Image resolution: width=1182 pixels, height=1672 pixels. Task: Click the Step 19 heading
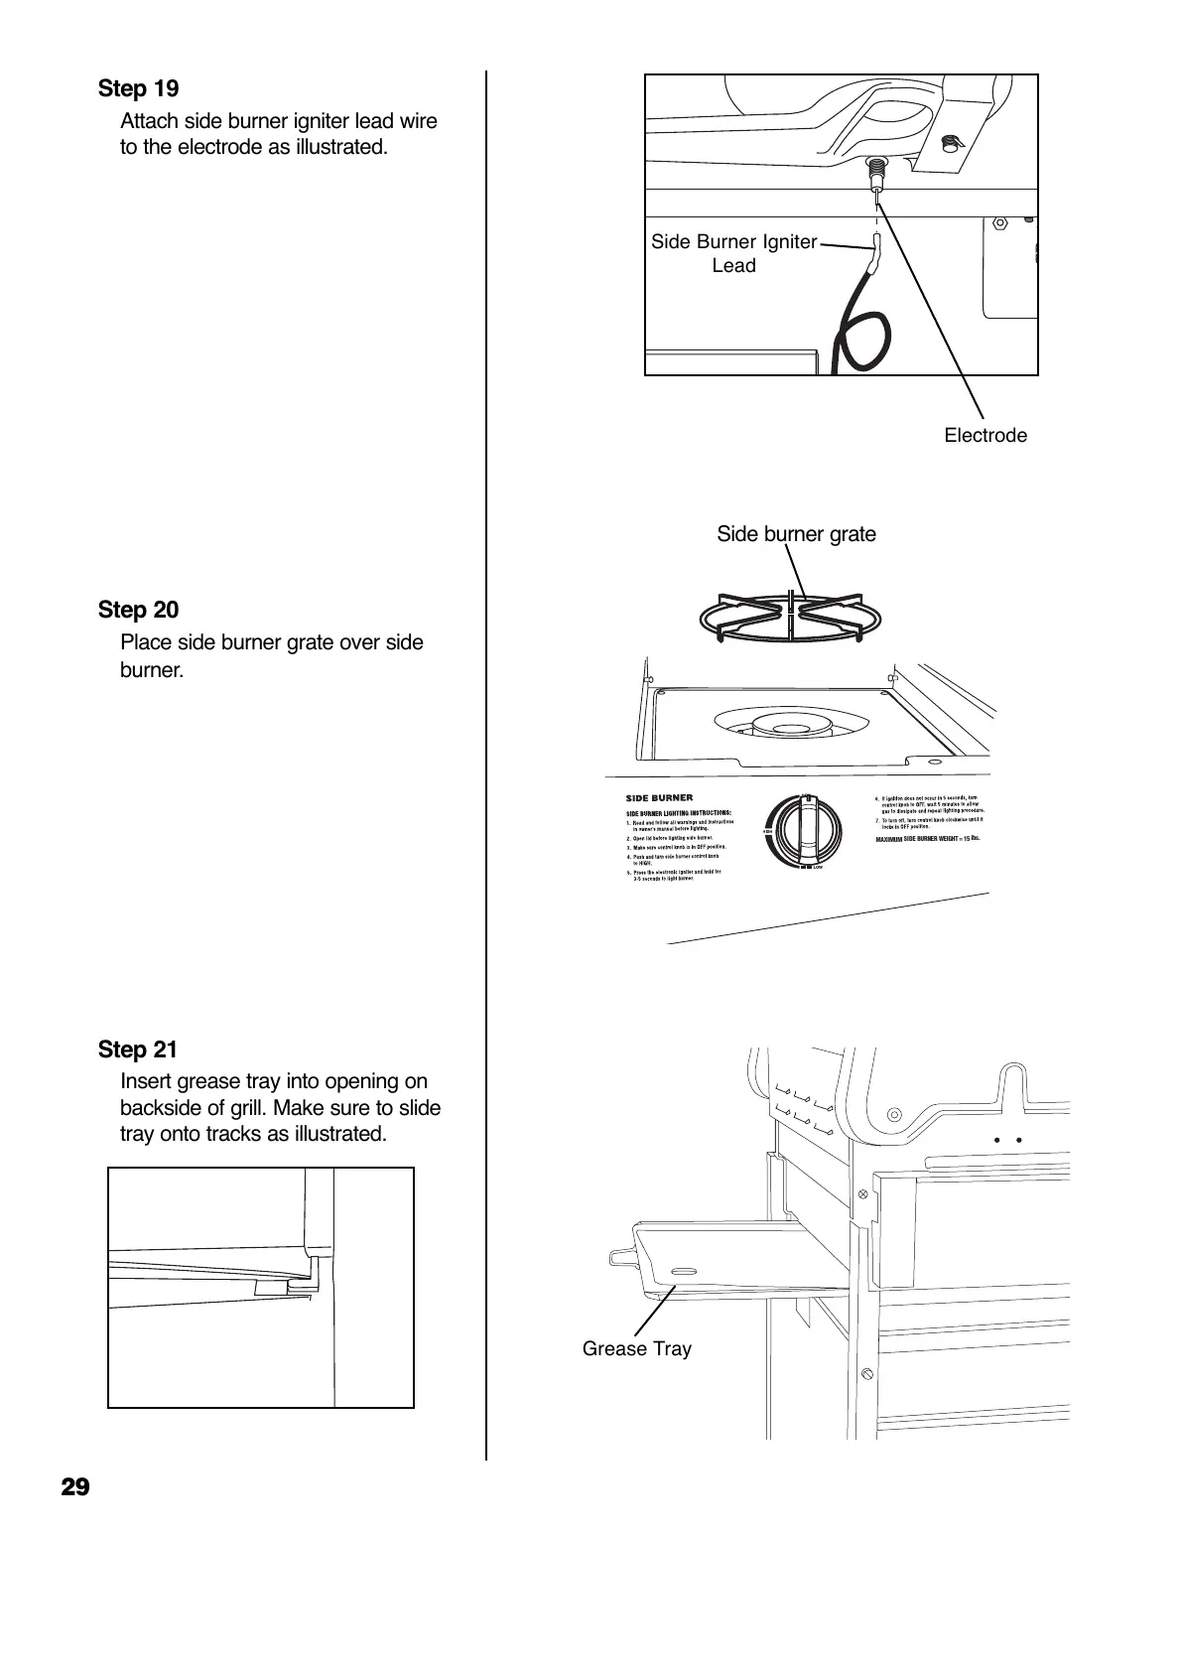[138, 89]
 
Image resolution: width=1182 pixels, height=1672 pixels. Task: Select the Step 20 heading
[138, 610]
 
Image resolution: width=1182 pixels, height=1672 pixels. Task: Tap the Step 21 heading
[138, 1049]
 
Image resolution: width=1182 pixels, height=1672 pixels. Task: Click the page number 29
[75, 1487]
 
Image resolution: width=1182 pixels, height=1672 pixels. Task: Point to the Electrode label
[985, 436]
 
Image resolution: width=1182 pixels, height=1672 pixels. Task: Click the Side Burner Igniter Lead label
[733, 253]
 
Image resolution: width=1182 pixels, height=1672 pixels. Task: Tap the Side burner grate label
[796, 534]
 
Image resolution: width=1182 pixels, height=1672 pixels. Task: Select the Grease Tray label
[636, 1348]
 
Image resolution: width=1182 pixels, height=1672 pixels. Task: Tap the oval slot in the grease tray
[685, 1272]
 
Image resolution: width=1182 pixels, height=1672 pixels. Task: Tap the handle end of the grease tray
[619, 1257]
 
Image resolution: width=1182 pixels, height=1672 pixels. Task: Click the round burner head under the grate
[790, 728]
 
